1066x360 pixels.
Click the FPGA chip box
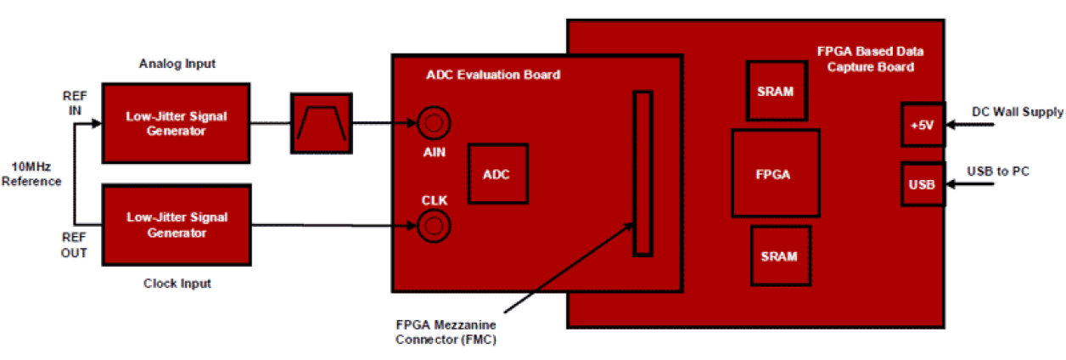point(774,174)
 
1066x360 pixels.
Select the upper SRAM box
point(777,91)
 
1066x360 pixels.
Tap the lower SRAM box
point(780,255)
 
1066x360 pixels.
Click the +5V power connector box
point(922,124)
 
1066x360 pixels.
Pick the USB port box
point(922,183)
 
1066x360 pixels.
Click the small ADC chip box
point(497,173)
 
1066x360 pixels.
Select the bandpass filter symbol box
point(320,123)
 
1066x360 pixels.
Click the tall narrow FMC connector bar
point(643,173)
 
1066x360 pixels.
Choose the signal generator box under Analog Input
point(176,123)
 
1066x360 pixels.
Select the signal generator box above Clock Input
point(176,225)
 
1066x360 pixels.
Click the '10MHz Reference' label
point(31,174)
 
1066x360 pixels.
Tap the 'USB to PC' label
point(998,172)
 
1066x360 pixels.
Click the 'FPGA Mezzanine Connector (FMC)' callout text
point(446,332)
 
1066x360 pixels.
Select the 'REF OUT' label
point(75,246)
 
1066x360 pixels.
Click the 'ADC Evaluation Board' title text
point(492,75)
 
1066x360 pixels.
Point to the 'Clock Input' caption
point(177,284)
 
